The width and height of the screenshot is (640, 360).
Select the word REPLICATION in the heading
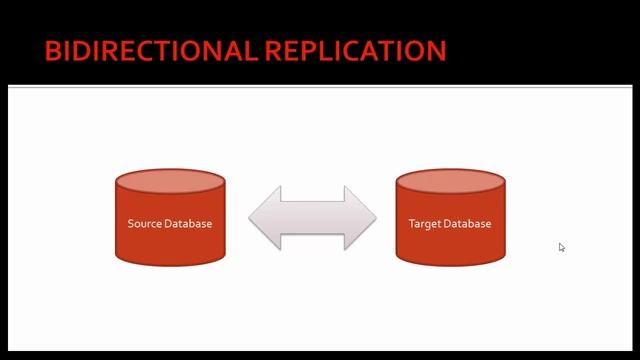(355, 51)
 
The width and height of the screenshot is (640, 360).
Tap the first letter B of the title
(52, 51)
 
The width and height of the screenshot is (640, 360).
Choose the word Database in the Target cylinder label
(468, 223)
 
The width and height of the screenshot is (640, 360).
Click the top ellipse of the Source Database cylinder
(170, 183)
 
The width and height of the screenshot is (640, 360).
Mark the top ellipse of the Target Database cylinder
(450, 183)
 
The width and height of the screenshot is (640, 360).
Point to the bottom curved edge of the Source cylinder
(170, 263)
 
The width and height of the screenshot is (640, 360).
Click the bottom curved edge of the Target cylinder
(450, 263)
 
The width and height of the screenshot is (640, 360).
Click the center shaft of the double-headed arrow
(312, 217)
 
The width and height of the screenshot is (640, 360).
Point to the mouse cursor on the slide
(562, 247)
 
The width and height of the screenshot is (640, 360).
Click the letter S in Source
(131, 223)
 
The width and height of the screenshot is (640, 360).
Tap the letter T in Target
(412, 223)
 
